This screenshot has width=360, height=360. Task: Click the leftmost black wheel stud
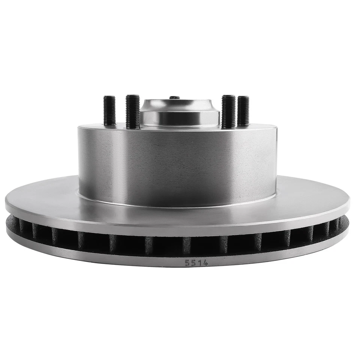[x=109, y=111]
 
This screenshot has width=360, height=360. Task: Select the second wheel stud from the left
[x=133, y=111]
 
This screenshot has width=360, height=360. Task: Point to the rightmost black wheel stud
[x=243, y=111]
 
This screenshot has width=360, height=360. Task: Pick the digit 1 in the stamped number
[x=199, y=262]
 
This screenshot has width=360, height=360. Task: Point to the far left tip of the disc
[x=6, y=204]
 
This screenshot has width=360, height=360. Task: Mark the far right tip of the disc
[x=349, y=204]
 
